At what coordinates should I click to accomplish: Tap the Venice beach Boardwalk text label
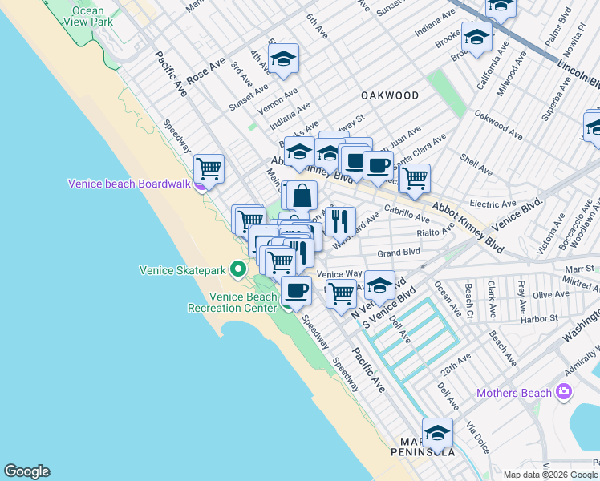click(129, 184)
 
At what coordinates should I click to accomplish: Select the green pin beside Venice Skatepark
click(238, 269)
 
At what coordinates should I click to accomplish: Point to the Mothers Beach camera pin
click(565, 392)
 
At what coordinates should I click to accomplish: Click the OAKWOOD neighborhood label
click(390, 95)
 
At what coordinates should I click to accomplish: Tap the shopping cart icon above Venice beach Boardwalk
click(209, 168)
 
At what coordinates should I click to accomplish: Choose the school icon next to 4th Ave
click(283, 59)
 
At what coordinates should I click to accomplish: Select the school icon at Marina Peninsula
click(437, 433)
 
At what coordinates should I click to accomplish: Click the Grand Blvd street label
click(399, 252)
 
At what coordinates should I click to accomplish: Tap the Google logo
click(26, 471)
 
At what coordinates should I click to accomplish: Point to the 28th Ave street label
click(454, 369)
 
